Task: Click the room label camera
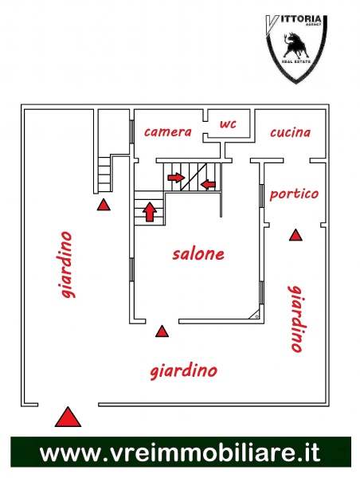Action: [x=167, y=132]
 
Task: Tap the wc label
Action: [x=228, y=123]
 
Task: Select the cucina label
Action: [x=290, y=132]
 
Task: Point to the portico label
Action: [x=294, y=194]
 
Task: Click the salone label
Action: [x=198, y=254]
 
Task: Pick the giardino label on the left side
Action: [x=67, y=264]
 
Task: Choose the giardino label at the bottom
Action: [x=184, y=371]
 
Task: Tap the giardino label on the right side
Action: [x=296, y=319]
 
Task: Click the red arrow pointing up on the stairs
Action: [x=150, y=211]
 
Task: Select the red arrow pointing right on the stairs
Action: [x=177, y=177]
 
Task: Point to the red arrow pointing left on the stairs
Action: [x=208, y=184]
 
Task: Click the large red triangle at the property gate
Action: [x=68, y=417]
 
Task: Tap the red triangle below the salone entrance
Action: [x=162, y=331]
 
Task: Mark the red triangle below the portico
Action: [x=295, y=235]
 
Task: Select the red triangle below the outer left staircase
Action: [x=104, y=205]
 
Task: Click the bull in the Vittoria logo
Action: [x=295, y=45]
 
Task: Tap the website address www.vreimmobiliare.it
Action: [x=180, y=453]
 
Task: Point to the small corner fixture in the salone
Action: [x=256, y=315]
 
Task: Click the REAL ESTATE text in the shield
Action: [x=296, y=61]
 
